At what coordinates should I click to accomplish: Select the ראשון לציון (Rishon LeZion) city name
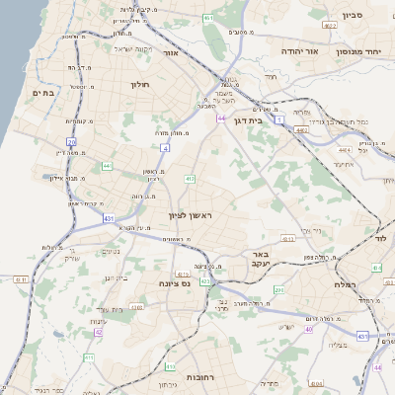[x=191, y=213]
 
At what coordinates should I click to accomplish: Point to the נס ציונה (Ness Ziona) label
[x=174, y=283]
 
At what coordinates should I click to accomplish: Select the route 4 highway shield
[x=165, y=148]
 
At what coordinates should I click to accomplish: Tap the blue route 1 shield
[x=279, y=119]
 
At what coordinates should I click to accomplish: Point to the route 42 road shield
[x=100, y=333]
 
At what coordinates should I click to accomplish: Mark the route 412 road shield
[x=189, y=179]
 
